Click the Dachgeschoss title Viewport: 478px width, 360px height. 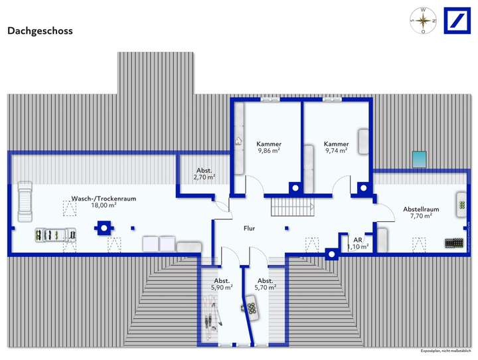[40, 31]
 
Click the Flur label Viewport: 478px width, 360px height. [249, 228]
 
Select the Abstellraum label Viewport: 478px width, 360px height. [421, 209]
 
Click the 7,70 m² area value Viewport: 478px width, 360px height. [421, 216]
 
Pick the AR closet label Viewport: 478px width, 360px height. [357, 240]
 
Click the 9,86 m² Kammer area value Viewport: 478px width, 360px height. [269, 151]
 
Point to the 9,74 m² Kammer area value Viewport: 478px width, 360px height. [336, 151]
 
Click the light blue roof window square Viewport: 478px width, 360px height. [419, 159]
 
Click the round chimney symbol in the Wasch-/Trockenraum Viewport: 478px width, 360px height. [102, 227]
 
